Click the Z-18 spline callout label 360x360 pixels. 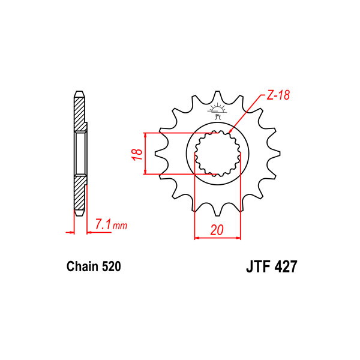pyautogui.click(x=278, y=95)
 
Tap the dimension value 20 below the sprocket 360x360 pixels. pyautogui.click(x=217, y=230)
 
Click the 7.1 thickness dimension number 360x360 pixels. pyautogui.click(x=103, y=224)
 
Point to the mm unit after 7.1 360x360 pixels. pyautogui.click(x=119, y=226)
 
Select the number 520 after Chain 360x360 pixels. pyautogui.click(x=112, y=266)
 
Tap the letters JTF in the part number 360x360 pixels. pyautogui.click(x=258, y=266)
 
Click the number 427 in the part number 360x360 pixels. pyautogui.click(x=286, y=266)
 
